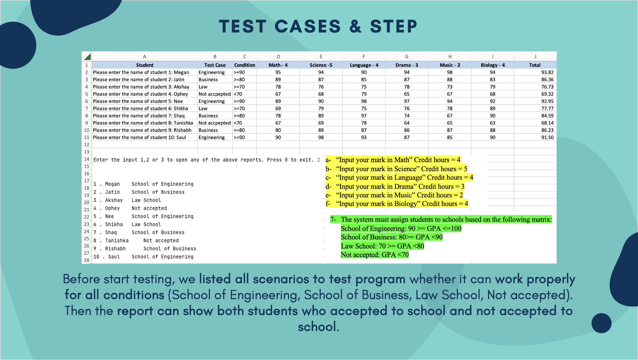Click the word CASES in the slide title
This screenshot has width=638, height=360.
(x=308, y=26)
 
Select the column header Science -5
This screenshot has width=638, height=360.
(x=321, y=65)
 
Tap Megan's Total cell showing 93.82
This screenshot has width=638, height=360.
(x=547, y=72)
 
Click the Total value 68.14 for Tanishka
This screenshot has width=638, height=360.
(x=547, y=123)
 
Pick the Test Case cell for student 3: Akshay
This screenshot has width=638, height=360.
(x=203, y=87)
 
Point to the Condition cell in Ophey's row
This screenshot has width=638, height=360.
(x=238, y=94)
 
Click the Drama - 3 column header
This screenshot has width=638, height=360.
(x=407, y=65)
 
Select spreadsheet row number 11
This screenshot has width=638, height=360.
(x=87, y=137)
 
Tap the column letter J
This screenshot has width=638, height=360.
(x=535, y=56)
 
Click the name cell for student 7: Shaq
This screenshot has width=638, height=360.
(x=139, y=116)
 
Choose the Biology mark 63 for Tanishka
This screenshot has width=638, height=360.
(x=493, y=123)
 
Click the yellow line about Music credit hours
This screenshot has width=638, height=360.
(x=395, y=195)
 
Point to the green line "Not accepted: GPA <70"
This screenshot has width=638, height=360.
(x=375, y=255)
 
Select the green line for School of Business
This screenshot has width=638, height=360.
(x=392, y=237)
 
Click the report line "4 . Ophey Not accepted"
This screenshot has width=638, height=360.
(x=130, y=208)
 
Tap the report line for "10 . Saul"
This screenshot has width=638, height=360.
(x=143, y=257)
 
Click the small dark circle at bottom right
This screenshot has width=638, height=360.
(x=601, y=323)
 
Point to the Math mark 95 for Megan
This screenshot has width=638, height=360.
(x=278, y=72)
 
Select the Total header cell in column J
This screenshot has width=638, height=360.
(x=535, y=65)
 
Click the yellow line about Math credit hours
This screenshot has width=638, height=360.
(x=393, y=160)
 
